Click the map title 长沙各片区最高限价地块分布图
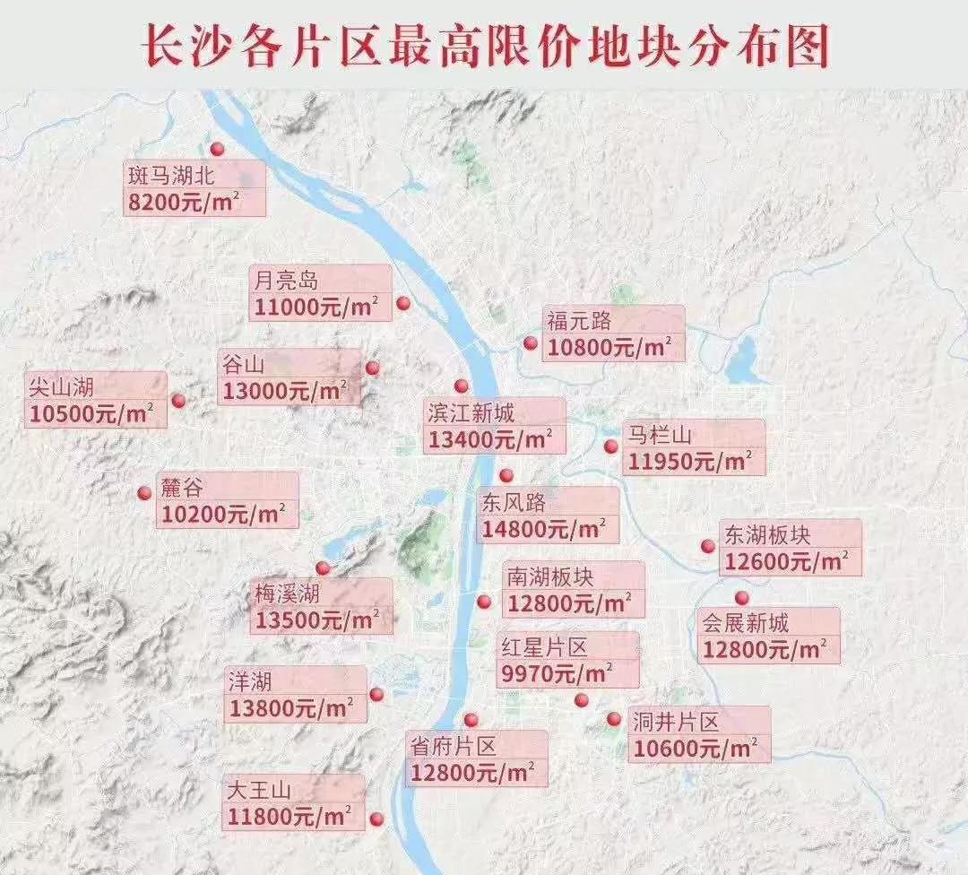pos(485,47)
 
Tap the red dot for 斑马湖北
pos(215,150)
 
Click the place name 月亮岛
pos(283,280)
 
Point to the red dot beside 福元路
pos(531,343)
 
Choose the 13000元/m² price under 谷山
pos(282,391)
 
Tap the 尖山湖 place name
pos(61,386)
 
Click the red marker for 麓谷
pos(143,492)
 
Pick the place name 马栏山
pos(659,436)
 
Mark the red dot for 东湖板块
pos(708,545)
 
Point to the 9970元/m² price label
pos(556,672)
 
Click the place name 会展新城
pos(746,621)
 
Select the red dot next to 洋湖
pos(376,693)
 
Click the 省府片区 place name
pos(453,745)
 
